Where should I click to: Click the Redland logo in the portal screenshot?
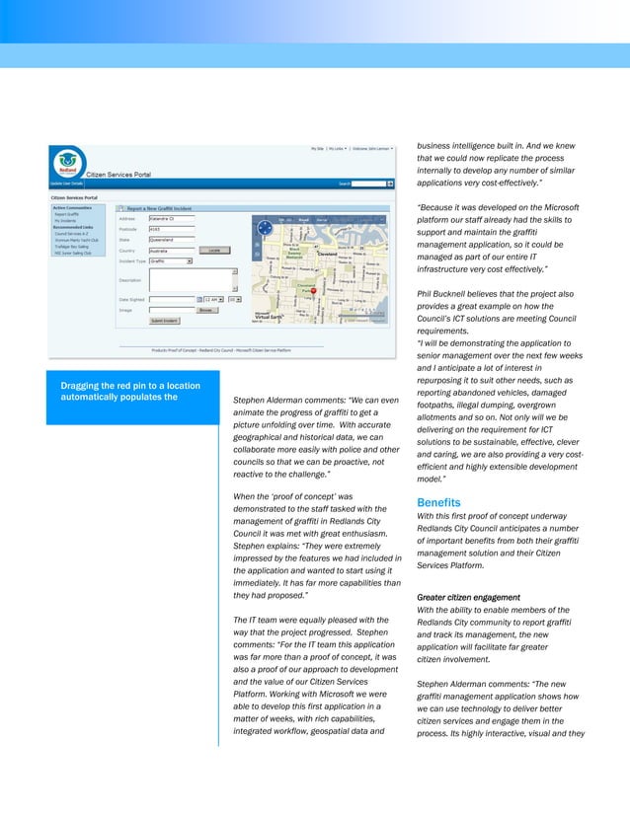pyautogui.click(x=67, y=162)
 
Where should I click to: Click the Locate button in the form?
pyautogui.click(x=213, y=251)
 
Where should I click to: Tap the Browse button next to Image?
pyautogui.click(x=207, y=310)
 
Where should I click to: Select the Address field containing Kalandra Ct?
pyautogui.click(x=171, y=218)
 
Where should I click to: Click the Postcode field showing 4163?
pyautogui.click(x=171, y=229)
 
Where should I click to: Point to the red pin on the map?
pyautogui.click(x=314, y=290)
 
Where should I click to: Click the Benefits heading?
pyautogui.click(x=436, y=502)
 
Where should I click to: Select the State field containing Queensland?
pyautogui.click(x=171, y=240)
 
